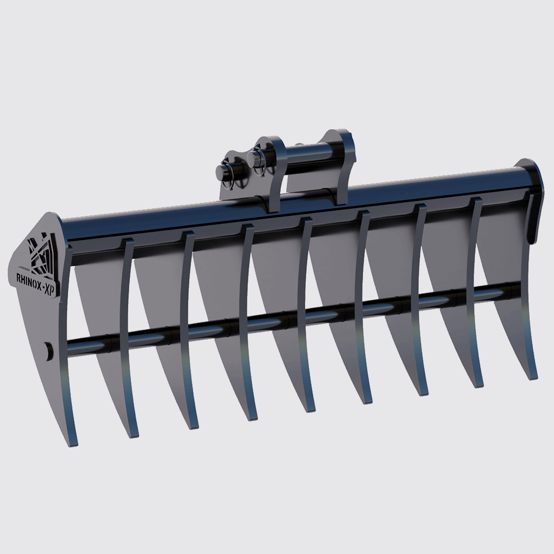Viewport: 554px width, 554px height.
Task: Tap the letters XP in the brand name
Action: (52, 276)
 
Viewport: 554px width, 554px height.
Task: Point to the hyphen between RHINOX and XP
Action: (45, 277)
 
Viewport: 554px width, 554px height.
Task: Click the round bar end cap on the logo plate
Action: (49, 350)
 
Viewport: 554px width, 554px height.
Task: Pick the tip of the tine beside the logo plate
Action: (133, 434)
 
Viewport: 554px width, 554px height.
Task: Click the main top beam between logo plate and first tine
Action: (95, 230)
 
